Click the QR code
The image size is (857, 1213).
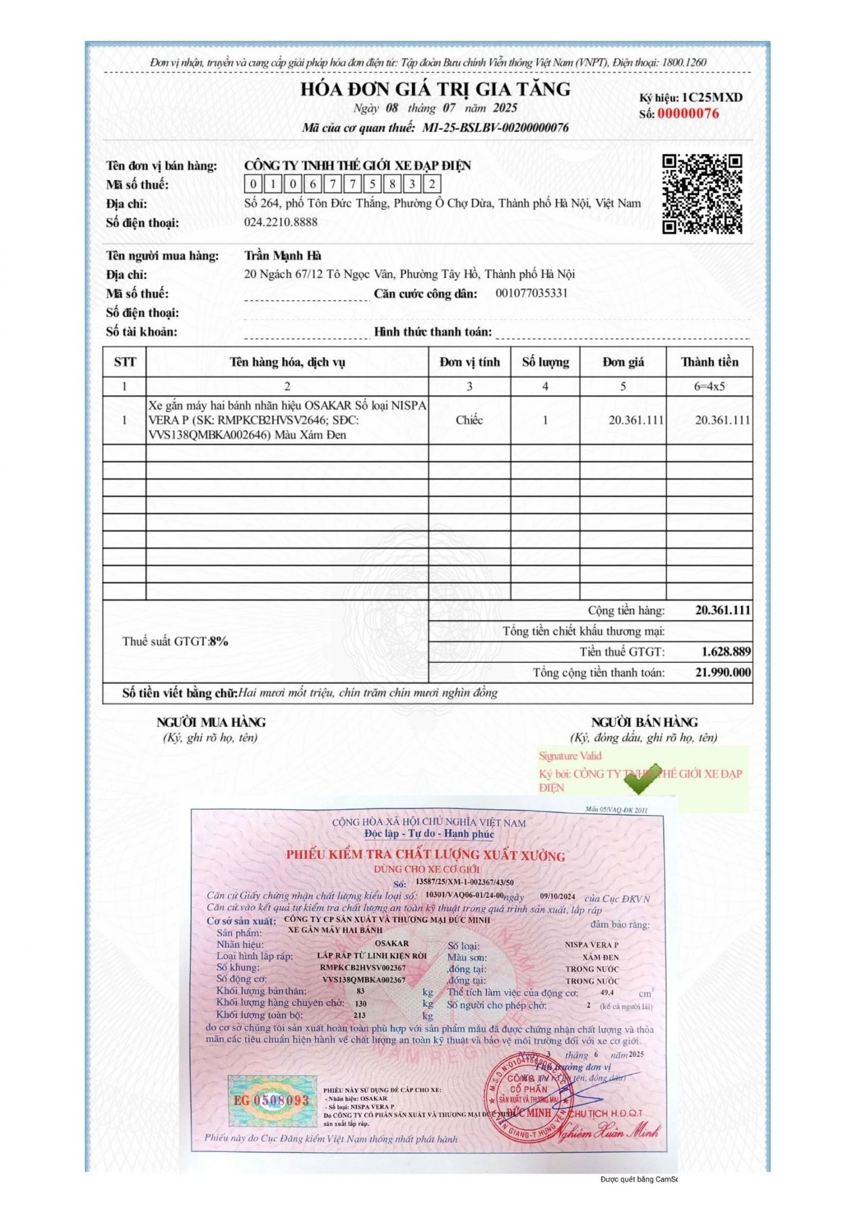coord(702,194)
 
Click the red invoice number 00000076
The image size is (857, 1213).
coord(688,114)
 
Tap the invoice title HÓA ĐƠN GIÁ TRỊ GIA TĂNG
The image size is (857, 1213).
coord(435,89)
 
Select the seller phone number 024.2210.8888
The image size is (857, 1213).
coord(281,222)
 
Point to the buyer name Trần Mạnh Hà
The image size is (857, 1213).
coord(282,256)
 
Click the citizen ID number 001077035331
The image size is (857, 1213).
coord(531,293)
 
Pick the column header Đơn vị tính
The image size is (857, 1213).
coord(469,362)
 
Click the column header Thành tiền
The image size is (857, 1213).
coord(709,362)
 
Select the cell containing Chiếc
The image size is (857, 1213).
coord(469,420)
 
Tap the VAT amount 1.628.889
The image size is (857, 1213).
coord(725,652)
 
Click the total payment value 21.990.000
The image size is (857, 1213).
coord(723,672)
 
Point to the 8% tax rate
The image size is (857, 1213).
coord(219,641)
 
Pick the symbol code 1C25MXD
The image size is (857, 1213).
coord(712,98)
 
